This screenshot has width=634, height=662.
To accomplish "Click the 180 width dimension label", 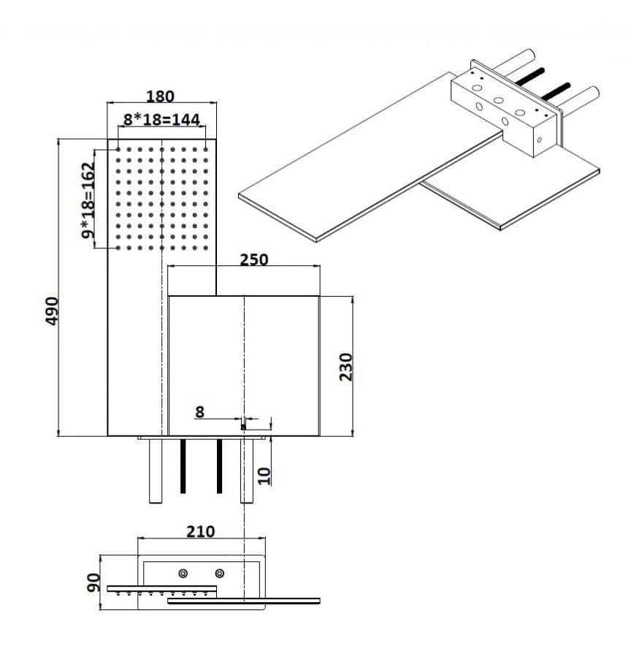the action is (160, 96).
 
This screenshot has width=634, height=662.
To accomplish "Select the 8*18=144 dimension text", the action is (161, 120).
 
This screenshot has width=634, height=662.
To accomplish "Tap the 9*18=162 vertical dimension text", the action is (88, 200).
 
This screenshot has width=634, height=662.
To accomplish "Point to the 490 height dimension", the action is (52, 311).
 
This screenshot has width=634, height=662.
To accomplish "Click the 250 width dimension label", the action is (254, 259).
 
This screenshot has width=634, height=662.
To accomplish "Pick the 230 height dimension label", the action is (345, 367).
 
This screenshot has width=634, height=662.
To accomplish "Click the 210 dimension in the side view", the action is (201, 531).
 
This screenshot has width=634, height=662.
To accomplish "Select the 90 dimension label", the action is (93, 582).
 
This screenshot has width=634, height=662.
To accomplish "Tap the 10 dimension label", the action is (264, 476).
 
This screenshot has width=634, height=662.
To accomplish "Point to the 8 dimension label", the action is (199, 411).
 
